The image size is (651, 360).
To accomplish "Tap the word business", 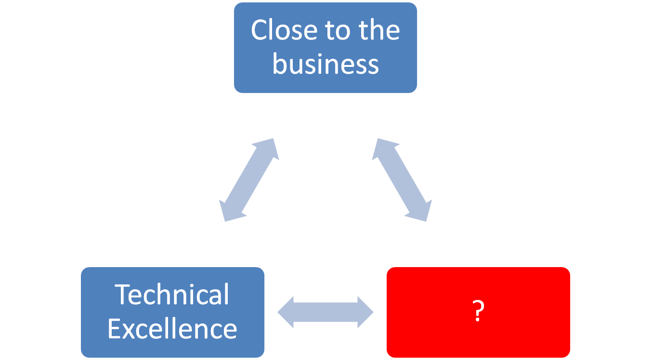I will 325,64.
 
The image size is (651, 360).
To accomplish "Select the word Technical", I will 172,295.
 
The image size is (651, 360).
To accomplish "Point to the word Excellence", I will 172,329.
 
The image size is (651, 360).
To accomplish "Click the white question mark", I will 478,312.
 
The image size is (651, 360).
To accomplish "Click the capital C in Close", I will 259,30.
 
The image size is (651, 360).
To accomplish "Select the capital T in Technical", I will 123,295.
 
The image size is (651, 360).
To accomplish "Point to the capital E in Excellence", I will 114,329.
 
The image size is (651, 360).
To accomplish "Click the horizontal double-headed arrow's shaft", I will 325,312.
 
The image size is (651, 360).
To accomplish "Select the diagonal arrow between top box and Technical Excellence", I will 249,180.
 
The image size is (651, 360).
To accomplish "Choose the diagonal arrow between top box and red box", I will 402,180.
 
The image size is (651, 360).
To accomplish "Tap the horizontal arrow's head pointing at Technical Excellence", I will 287,312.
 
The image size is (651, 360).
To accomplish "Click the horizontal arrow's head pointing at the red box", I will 365,312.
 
